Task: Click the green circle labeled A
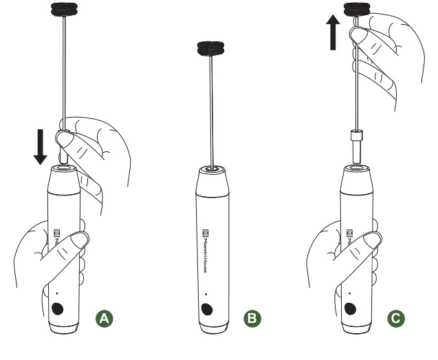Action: pyautogui.click(x=104, y=318)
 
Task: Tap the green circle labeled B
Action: pyautogui.click(x=252, y=318)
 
